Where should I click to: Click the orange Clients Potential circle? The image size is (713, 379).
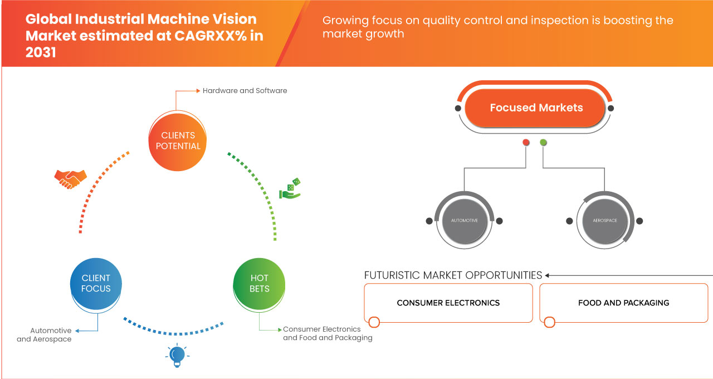pyautogui.click(x=178, y=140)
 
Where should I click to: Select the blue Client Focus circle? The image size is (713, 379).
pyautogui.click(x=96, y=283)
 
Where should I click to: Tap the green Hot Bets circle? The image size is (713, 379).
pyautogui.click(x=259, y=283)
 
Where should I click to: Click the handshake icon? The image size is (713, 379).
pyautogui.click(x=70, y=178)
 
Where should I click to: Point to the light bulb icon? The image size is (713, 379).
pyautogui.click(x=177, y=355)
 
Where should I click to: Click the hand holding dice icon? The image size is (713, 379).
pyautogui.click(x=290, y=189)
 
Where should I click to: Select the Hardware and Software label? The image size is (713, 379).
pyautogui.click(x=245, y=90)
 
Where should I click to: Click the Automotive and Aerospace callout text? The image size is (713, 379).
pyautogui.click(x=51, y=335)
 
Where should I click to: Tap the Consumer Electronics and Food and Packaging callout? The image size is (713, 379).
pyautogui.click(x=328, y=333)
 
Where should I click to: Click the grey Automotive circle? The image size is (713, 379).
pyautogui.click(x=464, y=221)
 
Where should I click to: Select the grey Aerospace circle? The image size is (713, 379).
pyautogui.click(x=604, y=221)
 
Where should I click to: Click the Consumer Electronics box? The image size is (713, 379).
pyautogui.click(x=448, y=303)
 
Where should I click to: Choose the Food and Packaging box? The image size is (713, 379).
pyautogui.click(x=623, y=303)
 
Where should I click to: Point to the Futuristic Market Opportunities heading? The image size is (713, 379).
pyautogui.click(x=453, y=275)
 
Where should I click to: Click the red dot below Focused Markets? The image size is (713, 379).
pyautogui.click(x=526, y=143)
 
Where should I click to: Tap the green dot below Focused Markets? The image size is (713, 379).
pyautogui.click(x=543, y=143)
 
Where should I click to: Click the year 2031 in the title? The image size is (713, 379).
pyautogui.click(x=41, y=52)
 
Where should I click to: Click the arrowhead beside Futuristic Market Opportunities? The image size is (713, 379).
pyautogui.click(x=548, y=275)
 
